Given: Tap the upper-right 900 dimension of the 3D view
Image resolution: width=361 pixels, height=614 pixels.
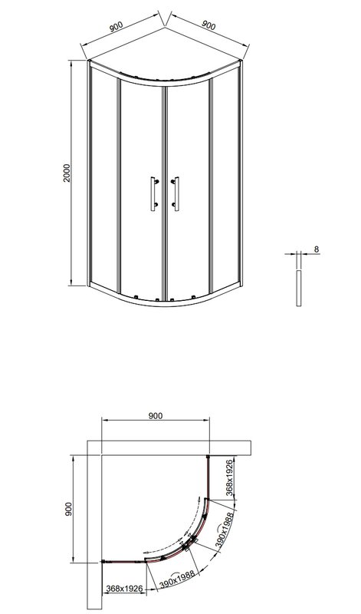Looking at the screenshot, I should [207, 25].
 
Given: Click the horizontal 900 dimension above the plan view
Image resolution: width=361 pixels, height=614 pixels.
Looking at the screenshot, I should [155, 415].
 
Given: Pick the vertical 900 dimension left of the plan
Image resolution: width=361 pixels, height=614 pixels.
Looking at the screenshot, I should [69, 509].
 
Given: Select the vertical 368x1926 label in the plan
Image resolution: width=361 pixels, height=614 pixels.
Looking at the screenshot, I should [229, 477].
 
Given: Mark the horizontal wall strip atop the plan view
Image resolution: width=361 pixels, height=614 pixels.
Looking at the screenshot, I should [176, 450].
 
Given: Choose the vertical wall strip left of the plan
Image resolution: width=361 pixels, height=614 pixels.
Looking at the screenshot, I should [95, 522].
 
